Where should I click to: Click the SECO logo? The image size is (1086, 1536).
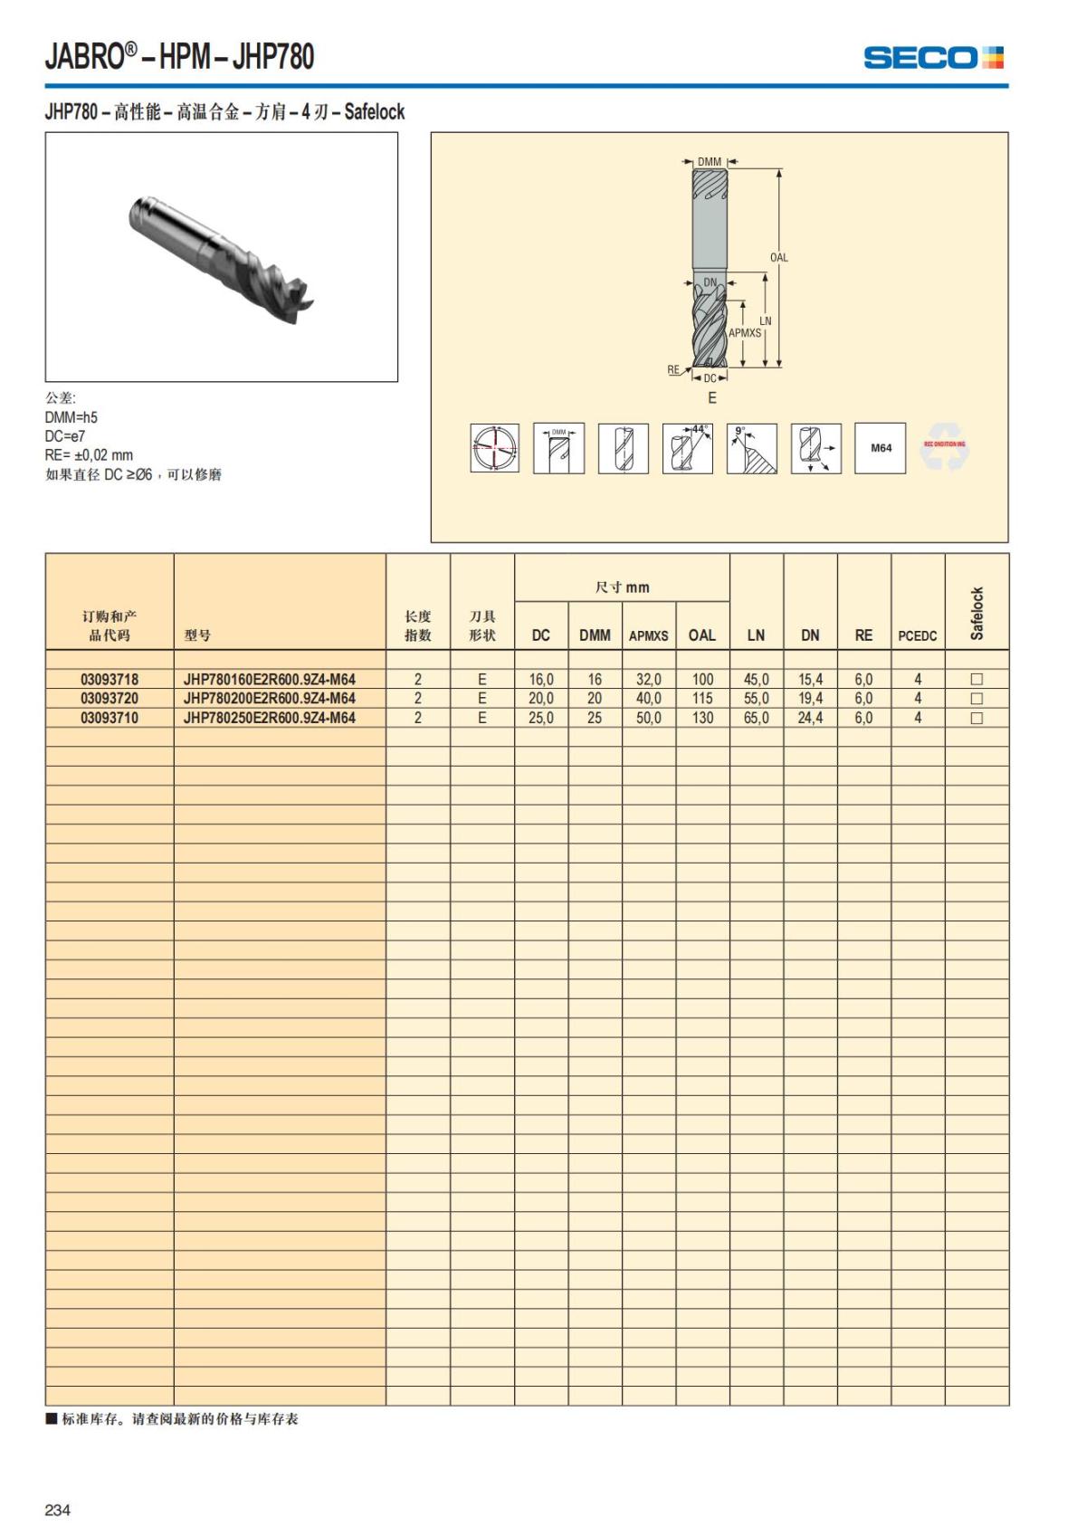(x=934, y=58)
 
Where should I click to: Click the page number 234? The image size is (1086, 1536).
(x=57, y=1510)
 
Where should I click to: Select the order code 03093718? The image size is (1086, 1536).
(x=110, y=679)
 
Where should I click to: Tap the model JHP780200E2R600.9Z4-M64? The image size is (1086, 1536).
(x=269, y=699)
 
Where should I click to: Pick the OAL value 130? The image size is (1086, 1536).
(x=702, y=718)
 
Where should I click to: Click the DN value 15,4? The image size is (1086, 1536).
(x=810, y=679)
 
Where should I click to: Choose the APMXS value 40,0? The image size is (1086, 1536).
(x=648, y=699)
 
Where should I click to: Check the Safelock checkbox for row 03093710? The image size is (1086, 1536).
(x=976, y=718)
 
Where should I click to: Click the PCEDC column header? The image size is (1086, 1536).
(x=917, y=636)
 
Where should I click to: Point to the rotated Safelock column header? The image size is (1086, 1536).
(x=976, y=614)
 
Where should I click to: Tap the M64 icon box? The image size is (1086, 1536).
(x=881, y=448)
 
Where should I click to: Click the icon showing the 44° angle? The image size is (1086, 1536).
(x=687, y=448)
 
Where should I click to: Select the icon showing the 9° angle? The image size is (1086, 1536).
(x=751, y=448)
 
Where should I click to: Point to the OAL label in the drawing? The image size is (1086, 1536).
(x=779, y=258)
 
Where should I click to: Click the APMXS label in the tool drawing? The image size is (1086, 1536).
(x=745, y=333)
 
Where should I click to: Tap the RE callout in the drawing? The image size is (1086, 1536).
(x=673, y=369)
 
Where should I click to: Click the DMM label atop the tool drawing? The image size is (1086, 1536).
(x=710, y=162)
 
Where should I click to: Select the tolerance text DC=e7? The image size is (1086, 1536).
(x=65, y=436)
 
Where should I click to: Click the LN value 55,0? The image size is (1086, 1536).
(x=756, y=699)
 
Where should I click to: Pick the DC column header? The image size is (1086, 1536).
(x=540, y=635)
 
